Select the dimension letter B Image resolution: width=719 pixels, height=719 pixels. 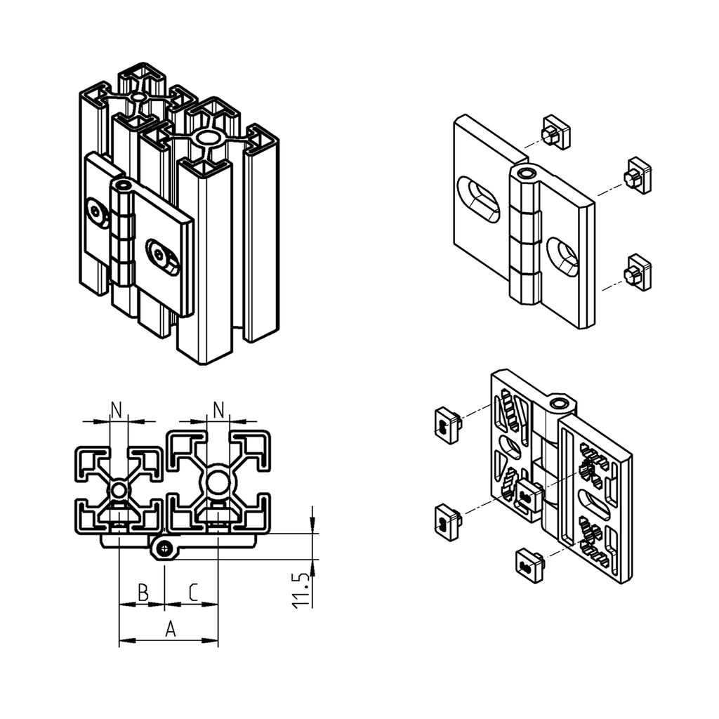pyautogui.click(x=143, y=593)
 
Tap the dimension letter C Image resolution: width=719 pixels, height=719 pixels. pyautogui.click(x=192, y=593)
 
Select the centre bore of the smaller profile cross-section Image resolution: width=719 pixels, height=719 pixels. pyautogui.click(x=119, y=489)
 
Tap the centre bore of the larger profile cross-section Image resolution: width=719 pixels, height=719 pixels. pyautogui.click(x=218, y=482)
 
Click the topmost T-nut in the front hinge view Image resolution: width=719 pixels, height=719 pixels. pyautogui.click(x=555, y=133)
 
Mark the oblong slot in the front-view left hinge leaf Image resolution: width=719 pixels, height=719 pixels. pyautogui.click(x=479, y=199)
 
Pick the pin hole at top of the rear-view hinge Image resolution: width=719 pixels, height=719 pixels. pyautogui.click(x=560, y=403)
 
